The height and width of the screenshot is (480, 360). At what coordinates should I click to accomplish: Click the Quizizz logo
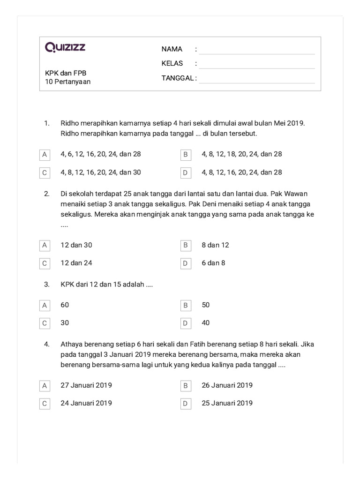[x=65, y=47]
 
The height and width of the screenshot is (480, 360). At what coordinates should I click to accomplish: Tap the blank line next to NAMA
[x=256, y=51]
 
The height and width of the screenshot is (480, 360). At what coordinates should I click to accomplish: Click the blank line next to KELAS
[x=256, y=65]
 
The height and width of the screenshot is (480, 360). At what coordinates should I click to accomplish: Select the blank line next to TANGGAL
[x=256, y=80]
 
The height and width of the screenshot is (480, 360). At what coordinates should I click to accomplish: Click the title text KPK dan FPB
[x=66, y=73]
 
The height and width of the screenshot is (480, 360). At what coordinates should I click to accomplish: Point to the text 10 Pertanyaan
[x=67, y=82]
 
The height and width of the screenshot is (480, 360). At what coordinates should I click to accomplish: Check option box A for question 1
[x=45, y=154]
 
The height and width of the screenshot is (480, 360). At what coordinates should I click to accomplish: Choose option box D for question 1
[x=185, y=172]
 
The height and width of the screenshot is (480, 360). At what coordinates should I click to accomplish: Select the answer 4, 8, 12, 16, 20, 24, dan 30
[x=100, y=172]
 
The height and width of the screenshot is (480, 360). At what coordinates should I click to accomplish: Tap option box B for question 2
[x=185, y=245]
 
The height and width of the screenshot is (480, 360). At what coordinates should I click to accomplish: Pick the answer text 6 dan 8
[x=213, y=263]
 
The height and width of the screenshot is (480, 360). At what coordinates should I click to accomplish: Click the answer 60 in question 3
[x=65, y=305]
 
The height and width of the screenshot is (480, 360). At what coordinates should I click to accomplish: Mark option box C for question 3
[x=45, y=323]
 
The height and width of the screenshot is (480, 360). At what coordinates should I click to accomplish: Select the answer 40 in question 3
[x=206, y=322]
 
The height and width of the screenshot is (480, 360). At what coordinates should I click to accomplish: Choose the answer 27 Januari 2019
[x=86, y=385]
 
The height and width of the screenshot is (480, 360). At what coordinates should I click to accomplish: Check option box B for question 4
[x=185, y=386]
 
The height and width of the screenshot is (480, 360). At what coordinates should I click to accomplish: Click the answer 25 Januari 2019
[x=227, y=403]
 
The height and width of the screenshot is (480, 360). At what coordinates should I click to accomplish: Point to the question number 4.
[x=47, y=344]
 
